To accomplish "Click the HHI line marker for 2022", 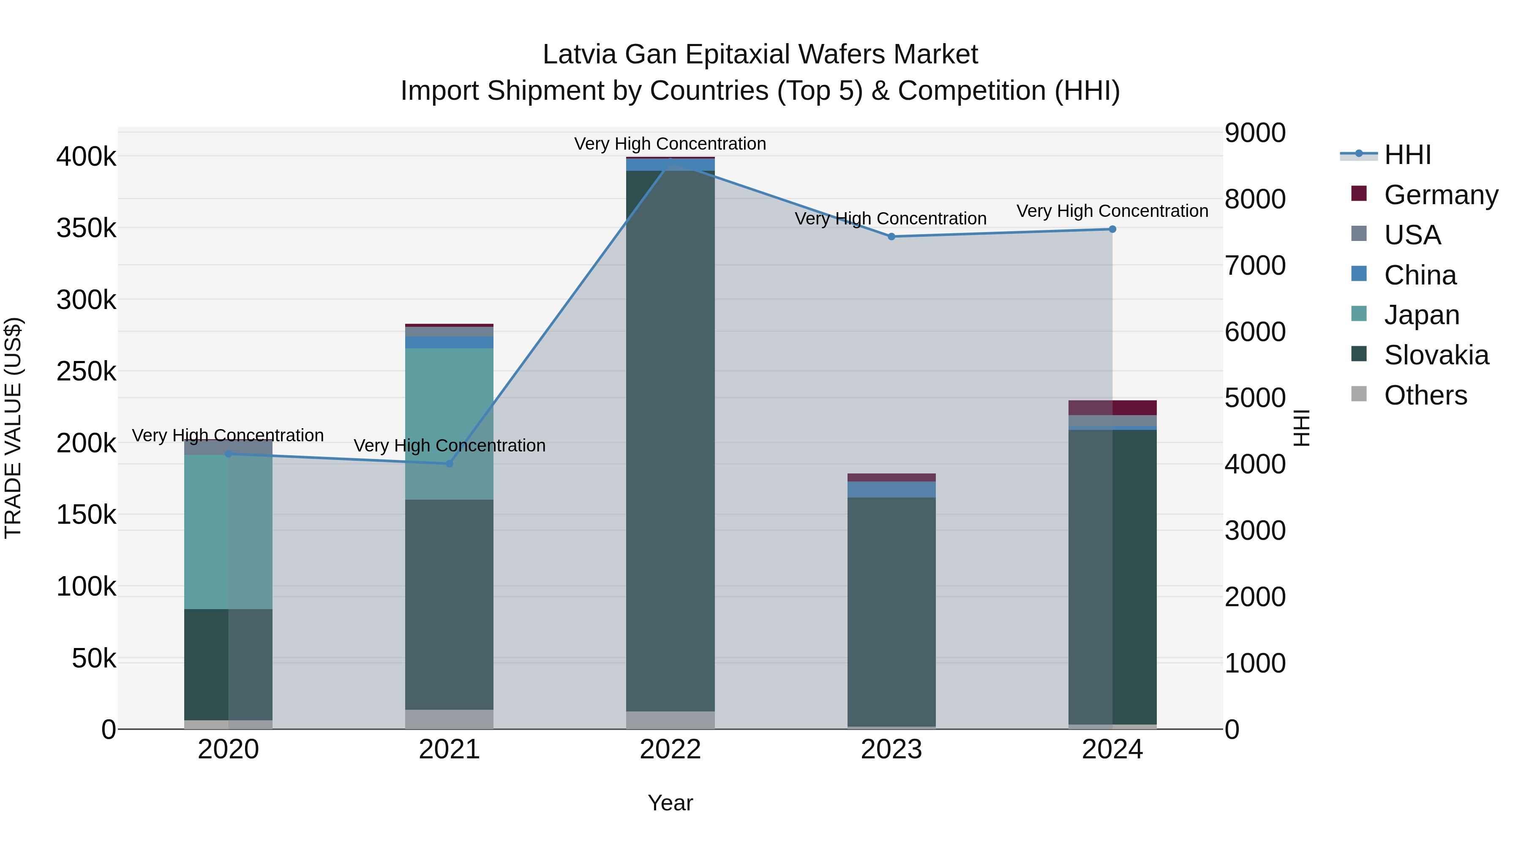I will point(670,161).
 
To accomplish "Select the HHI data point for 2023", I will point(891,236).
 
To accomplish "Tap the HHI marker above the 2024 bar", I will point(1112,229).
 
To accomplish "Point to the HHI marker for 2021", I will point(450,464).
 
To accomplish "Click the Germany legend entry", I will point(1441,195).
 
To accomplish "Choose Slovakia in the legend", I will point(1436,355).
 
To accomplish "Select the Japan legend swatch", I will point(1359,314).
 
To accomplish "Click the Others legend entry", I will point(1426,395).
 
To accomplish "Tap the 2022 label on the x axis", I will point(670,749).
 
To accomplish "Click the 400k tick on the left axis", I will point(86,157).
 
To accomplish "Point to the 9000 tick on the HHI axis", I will point(1255,133).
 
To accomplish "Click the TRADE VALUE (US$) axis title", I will point(13,428).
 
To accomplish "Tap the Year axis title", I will point(670,803).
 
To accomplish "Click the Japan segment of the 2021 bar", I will point(450,424).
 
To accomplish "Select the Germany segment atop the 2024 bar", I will point(1112,407).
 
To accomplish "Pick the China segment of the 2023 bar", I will point(891,489).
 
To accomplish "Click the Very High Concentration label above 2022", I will point(670,144).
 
